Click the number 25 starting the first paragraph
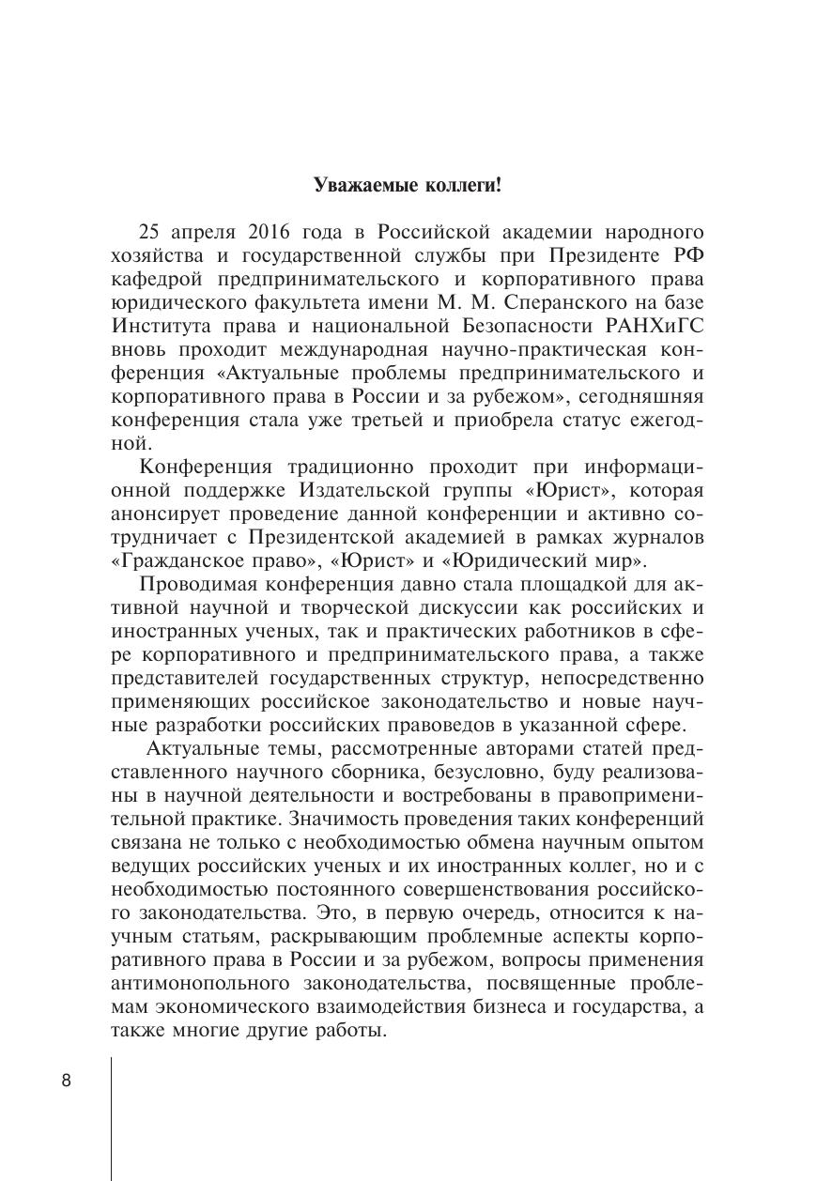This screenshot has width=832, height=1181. click(x=149, y=232)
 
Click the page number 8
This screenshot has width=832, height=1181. click(x=67, y=1080)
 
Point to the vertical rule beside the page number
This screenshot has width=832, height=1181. click(x=111, y=1117)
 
